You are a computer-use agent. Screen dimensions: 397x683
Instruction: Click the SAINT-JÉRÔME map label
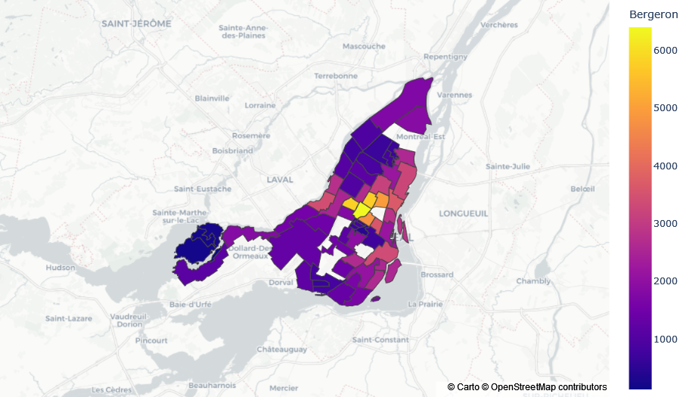[x=136, y=23]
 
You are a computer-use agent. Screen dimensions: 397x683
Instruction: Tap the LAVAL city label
[x=279, y=179]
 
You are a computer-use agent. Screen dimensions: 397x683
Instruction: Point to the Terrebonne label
[x=336, y=76]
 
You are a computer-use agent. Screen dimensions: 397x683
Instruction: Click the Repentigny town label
[x=446, y=57]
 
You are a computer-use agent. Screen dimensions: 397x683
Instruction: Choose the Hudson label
[x=61, y=267]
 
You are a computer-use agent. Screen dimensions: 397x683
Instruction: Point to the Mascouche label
[x=364, y=46]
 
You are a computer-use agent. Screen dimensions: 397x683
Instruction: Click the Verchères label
[x=498, y=24]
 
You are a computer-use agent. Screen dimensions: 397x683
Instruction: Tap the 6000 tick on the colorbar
[x=665, y=50]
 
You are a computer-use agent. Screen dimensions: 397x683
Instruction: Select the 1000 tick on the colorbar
[x=665, y=339]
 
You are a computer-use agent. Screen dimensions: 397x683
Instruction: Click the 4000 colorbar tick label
[x=665, y=166]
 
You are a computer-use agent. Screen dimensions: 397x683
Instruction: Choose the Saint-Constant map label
[x=382, y=340]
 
